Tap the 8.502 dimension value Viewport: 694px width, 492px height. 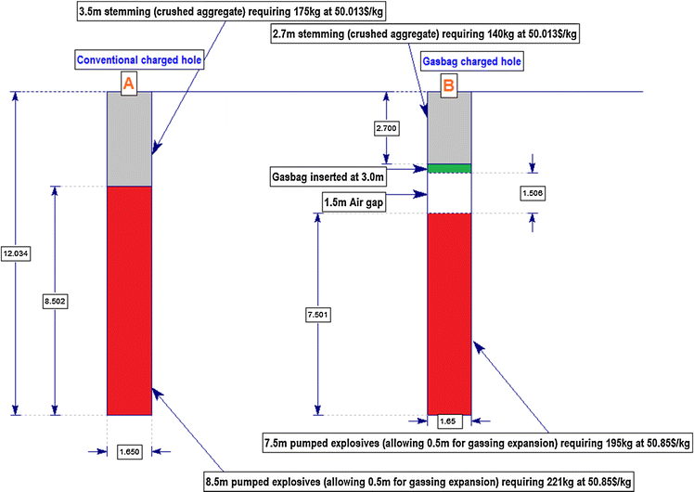[x=55, y=302]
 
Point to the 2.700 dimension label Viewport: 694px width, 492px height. [x=387, y=125]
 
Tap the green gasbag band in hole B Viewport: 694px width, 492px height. [x=450, y=168]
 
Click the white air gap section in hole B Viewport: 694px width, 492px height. [x=450, y=193]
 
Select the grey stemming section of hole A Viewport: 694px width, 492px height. [x=130, y=139]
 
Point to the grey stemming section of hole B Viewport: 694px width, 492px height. [x=450, y=130]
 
